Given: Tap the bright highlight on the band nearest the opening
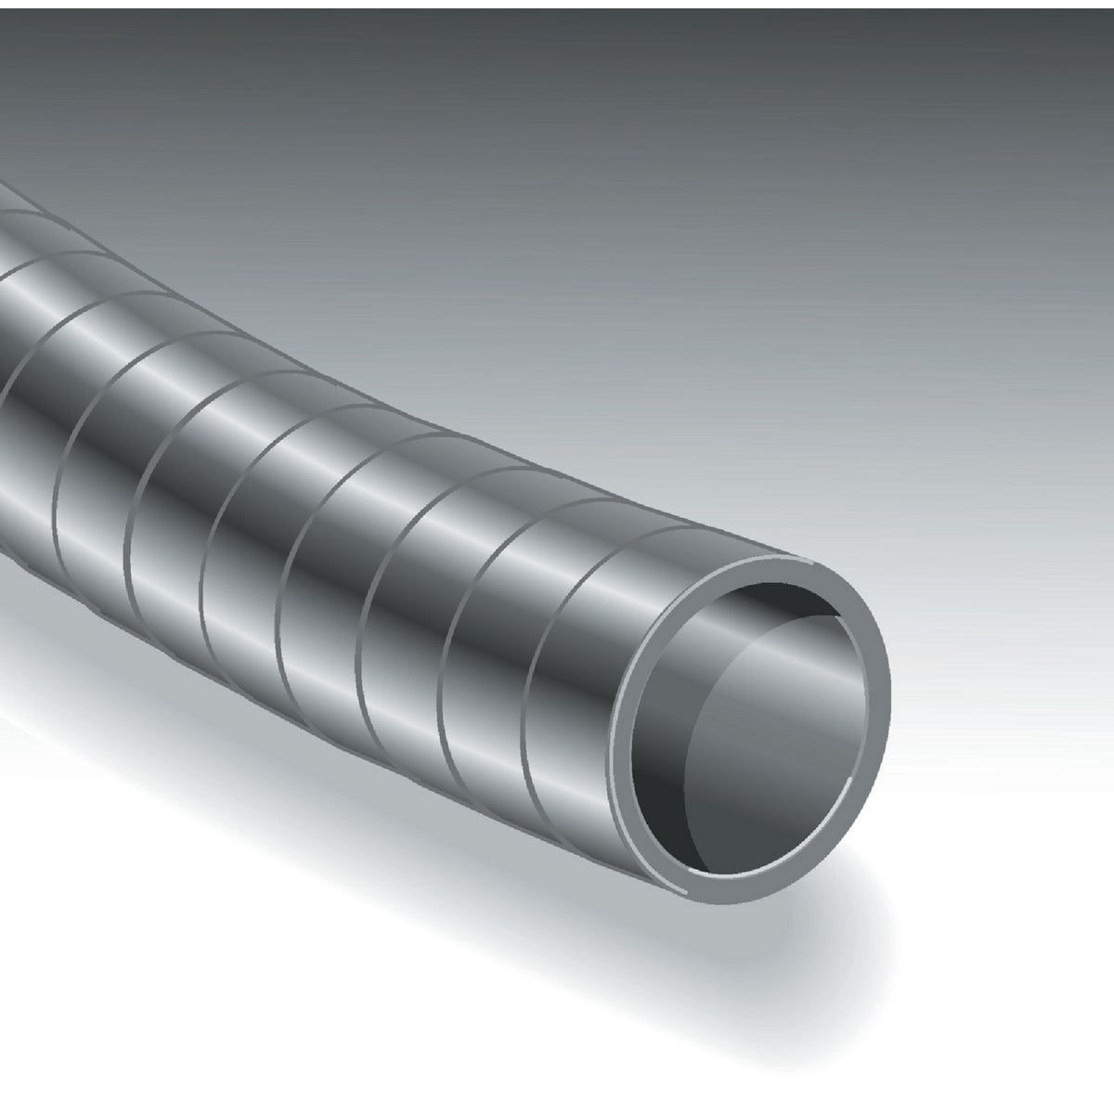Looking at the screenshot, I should (x=594, y=576).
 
